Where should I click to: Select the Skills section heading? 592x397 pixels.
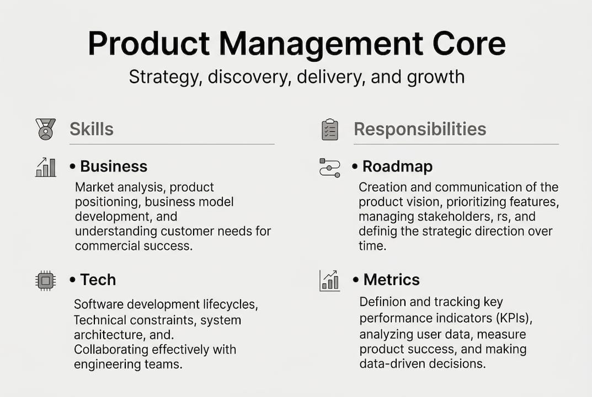coord(92,129)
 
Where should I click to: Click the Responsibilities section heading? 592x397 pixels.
coord(420,129)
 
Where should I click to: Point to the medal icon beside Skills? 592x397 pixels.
coord(46,129)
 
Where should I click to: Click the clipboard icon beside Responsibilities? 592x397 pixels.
coord(330,130)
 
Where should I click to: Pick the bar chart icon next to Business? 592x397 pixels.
coord(46,167)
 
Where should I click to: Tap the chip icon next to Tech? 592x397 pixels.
coord(46,281)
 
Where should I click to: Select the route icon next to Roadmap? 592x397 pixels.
coord(329,168)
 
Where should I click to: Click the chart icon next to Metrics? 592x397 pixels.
coord(329,281)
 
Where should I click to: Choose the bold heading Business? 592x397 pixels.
coord(114,167)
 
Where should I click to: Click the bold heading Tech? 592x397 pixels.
coord(98,280)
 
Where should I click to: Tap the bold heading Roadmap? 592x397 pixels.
coord(398,167)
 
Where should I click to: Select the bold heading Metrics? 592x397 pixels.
coord(392,280)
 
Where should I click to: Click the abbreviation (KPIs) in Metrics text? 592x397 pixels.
coord(514,319)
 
